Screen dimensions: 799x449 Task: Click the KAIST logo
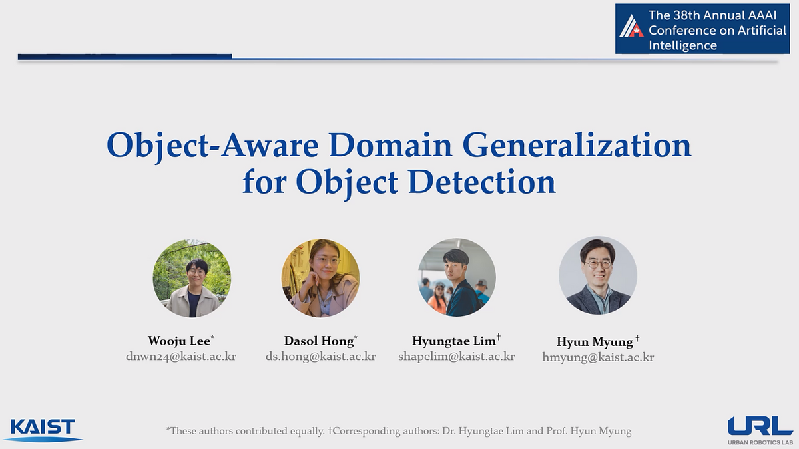(x=43, y=430)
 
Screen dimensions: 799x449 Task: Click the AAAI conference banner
(x=702, y=29)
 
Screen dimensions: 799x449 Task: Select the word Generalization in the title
(x=577, y=145)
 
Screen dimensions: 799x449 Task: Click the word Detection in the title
(x=482, y=182)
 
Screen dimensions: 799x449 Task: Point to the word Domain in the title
(x=391, y=145)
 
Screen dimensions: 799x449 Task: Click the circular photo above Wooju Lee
(x=192, y=278)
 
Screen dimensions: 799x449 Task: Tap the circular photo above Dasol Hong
(x=320, y=278)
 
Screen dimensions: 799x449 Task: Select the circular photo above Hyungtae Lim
(x=457, y=277)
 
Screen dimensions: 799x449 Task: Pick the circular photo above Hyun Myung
(x=598, y=275)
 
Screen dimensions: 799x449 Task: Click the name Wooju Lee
(x=179, y=341)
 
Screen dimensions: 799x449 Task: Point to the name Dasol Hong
(x=318, y=341)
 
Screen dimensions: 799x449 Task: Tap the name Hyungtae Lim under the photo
(x=454, y=341)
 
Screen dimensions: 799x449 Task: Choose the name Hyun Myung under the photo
(x=595, y=342)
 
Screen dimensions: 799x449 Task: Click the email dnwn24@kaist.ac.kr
(x=181, y=357)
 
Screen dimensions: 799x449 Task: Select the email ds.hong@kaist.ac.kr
(x=320, y=357)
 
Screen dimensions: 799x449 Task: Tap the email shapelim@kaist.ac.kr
(x=457, y=357)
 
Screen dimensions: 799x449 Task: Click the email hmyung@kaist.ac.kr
(x=598, y=357)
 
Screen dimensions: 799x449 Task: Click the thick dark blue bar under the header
(x=125, y=57)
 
